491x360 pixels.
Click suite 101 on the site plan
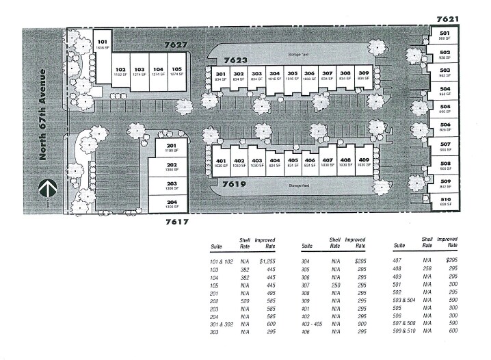[101, 44]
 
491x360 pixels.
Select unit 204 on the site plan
[172, 204]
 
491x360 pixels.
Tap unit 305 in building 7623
[292, 75]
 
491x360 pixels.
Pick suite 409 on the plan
[364, 162]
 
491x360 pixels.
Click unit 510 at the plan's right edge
[445, 201]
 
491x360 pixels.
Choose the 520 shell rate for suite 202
[244, 300]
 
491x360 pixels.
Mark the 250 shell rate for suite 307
[335, 284]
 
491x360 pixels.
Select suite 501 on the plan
[445, 35]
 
